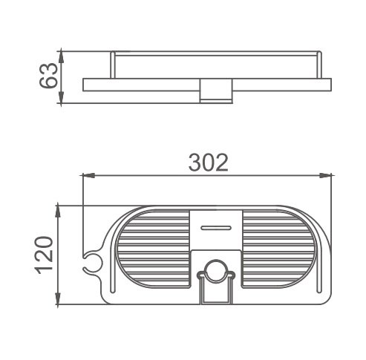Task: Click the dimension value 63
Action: (48, 76)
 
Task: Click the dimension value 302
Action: (208, 163)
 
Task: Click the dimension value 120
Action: (45, 255)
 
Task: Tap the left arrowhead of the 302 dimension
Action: (88, 176)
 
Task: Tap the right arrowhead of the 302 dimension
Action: (325, 176)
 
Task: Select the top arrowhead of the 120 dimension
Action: (58, 212)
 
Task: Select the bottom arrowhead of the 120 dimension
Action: (58, 298)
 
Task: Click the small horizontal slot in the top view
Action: (216, 228)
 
